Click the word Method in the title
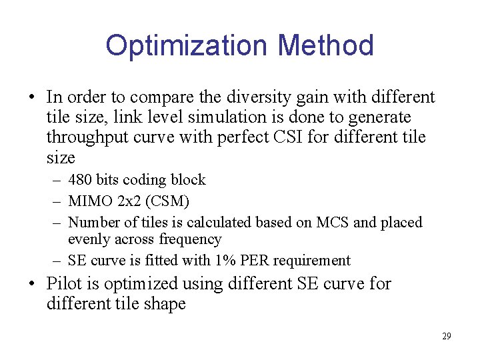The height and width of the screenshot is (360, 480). point(325,45)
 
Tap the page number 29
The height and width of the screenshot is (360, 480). point(446,336)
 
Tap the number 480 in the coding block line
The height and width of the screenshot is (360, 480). point(81,180)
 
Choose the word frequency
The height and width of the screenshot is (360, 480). point(189,239)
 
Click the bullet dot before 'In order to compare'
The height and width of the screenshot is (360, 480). point(32,98)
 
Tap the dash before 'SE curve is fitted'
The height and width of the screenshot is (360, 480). point(59,261)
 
